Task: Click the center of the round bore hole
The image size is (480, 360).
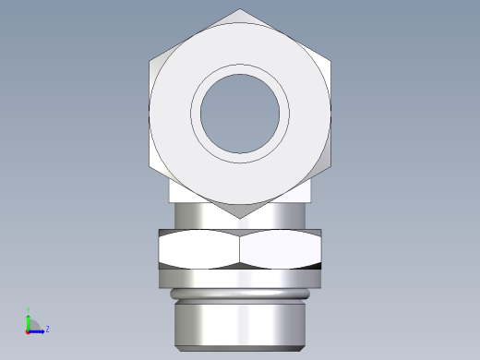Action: tap(240, 114)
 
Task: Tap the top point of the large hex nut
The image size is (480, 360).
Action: tap(240, 10)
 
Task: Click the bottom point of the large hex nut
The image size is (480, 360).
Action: tap(240, 218)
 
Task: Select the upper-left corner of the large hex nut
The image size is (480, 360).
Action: tap(150, 61)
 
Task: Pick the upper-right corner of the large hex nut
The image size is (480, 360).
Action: tap(330, 61)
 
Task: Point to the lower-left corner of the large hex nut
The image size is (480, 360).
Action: tap(150, 166)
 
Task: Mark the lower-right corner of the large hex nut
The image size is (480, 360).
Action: tap(330, 166)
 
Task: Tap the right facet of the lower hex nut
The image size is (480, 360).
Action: tap(281, 249)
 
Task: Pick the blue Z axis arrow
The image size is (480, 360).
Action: tap(39, 329)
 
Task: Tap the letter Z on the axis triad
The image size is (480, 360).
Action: tap(47, 329)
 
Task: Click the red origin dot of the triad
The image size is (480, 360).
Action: tap(29, 330)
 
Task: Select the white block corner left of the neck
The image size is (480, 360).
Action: tap(181, 191)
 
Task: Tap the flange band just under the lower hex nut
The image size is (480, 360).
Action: tap(240, 276)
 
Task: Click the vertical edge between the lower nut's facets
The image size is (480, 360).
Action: tap(240, 249)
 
